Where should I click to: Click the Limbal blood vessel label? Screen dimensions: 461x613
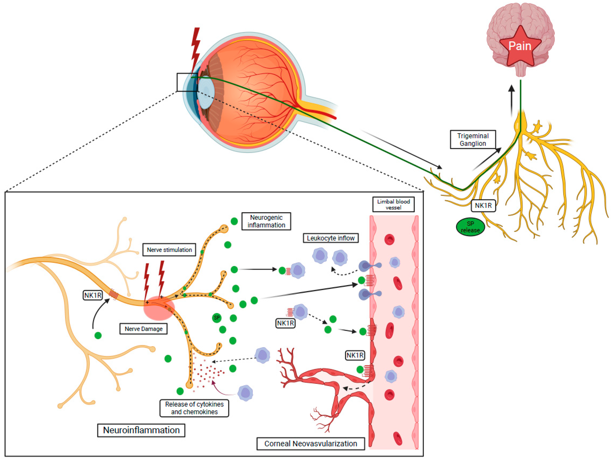[x=393, y=204]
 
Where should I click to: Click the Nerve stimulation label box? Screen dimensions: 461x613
[x=169, y=250]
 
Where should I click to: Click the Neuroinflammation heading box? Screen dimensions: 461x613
[x=141, y=430]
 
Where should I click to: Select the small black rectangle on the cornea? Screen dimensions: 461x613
[x=187, y=82]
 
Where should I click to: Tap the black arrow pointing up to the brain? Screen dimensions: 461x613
[x=512, y=100]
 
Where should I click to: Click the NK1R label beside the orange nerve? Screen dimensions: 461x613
[x=93, y=295]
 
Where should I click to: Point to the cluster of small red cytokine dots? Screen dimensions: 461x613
[x=206, y=373]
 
